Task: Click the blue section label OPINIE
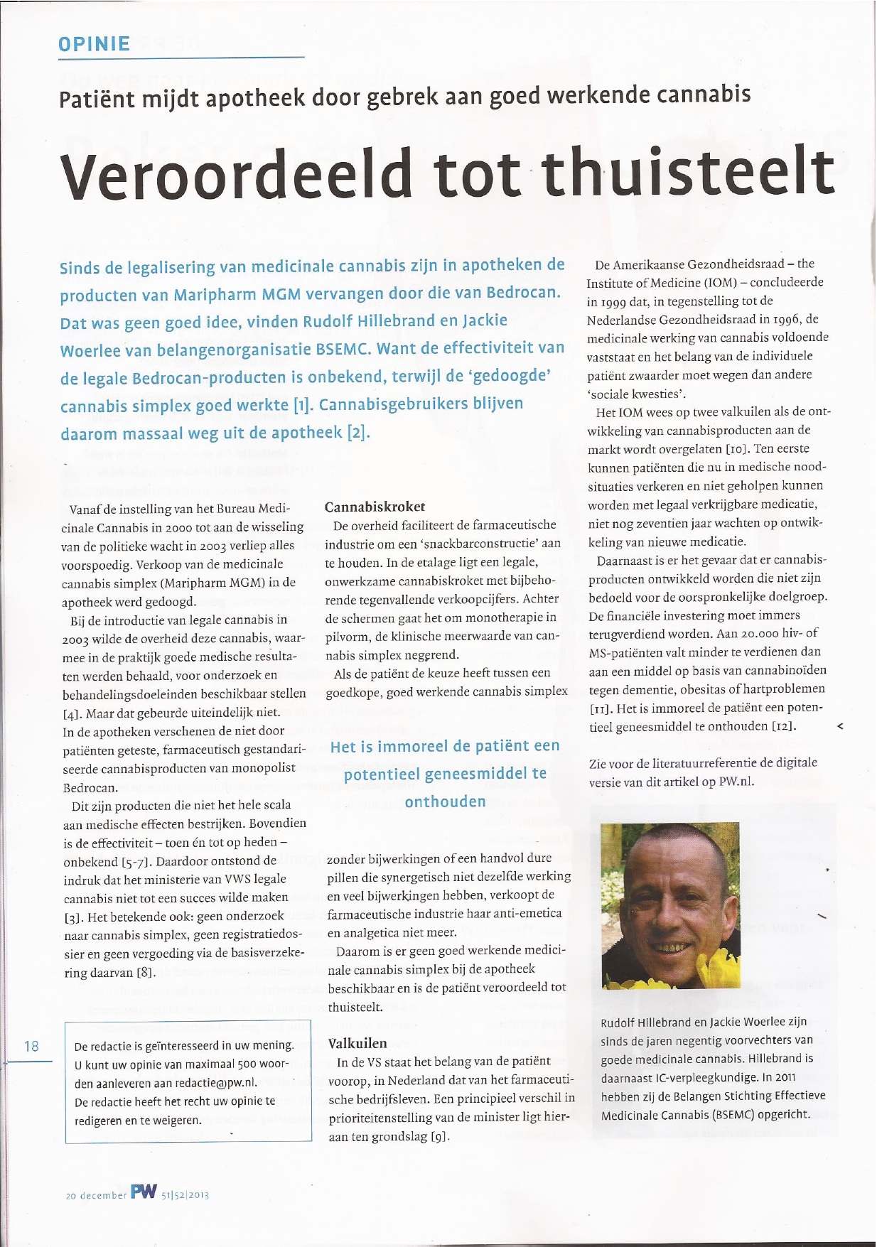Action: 94,44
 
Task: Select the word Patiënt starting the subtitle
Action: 97,99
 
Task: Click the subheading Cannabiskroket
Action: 375,507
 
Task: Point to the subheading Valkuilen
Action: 357,1043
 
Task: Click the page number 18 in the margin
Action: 31,1046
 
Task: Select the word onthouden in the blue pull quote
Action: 445,801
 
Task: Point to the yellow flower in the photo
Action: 718,970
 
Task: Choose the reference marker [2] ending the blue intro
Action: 358,432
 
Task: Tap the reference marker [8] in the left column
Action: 146,972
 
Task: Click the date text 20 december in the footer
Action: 96,1195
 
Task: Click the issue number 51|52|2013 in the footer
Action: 185,1195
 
